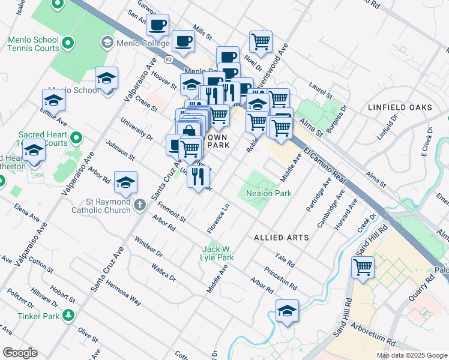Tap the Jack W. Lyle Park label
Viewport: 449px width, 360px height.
(217, 253)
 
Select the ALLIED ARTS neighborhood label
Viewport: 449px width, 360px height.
(282, 238)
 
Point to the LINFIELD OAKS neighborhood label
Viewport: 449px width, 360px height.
(399, 107)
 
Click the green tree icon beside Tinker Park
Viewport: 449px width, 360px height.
(68, 315)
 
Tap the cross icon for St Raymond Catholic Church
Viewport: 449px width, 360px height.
(139, 205)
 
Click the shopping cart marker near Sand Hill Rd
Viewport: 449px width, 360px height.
(363, 267)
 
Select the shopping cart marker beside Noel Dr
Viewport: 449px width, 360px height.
(261, 42)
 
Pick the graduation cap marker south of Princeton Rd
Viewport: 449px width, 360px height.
(287, 311)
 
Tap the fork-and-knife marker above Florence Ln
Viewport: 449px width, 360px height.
(198, 176)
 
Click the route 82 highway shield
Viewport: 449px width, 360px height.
(169, 59)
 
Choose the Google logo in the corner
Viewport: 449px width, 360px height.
(20, 353)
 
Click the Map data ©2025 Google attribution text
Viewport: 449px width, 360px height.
(412, 355)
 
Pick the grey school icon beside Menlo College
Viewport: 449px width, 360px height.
(107, 43)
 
